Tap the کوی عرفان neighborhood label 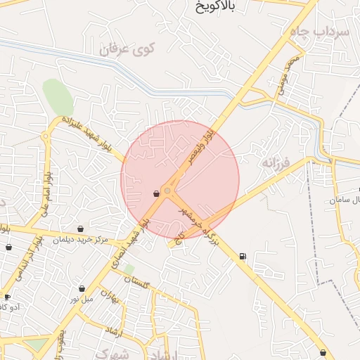click(x=126, y=49)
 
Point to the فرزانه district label click(x=276, y=165)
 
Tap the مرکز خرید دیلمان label click(x=81, y=240)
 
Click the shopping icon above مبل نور click(x=82, y=288)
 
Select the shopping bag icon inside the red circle click(x=155, y=193)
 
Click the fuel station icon click(x=243, y=257)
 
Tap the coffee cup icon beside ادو click(x=7, y=296)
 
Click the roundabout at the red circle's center click(x=167, y=191)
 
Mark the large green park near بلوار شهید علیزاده click(x=58, y=97)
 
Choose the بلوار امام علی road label click(x=43, y=190)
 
